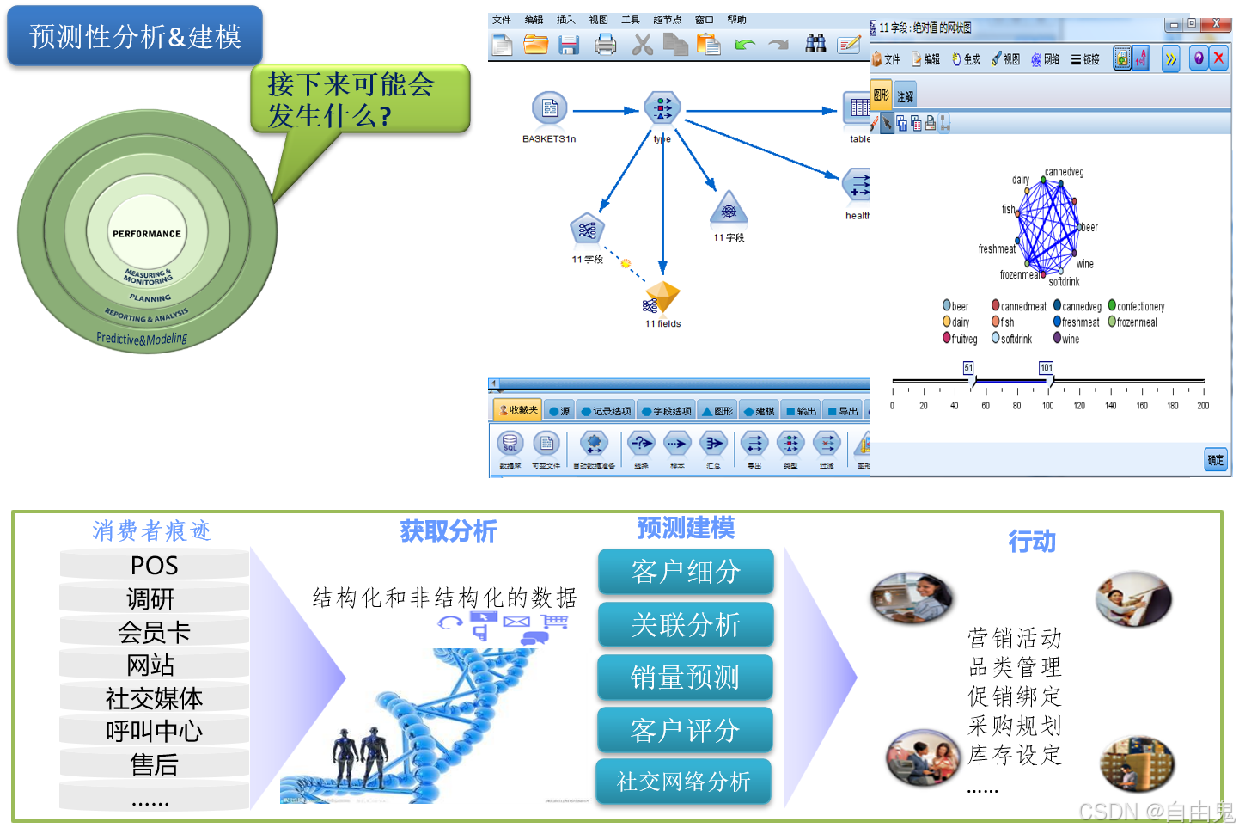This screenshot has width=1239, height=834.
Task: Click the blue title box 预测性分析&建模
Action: pyautogui.click(x=135, y=36)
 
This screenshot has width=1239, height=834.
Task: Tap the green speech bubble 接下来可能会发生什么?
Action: pyautogui.click(x=360, y=99)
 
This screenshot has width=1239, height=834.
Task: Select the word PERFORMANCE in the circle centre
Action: pyautogui.click(x=147, y=234)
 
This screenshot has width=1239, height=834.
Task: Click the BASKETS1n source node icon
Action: pyautogui.click(x=549, y=109)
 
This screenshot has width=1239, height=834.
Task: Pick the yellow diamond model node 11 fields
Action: pyautogui.click(x=662, y=297)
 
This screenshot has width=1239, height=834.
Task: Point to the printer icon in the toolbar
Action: pyautogui.click(x=605, y=44)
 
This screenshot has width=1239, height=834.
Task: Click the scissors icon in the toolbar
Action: pyautogui.click(x=642, y=44)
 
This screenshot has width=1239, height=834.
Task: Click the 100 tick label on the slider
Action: pyautogui.click(x=1047, y=406)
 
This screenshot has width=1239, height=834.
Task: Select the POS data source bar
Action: pyautogui.click(x=155, y=565)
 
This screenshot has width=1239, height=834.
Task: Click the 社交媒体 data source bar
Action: pyautogui.click(x=155, y=698)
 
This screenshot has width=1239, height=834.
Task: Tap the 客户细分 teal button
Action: pyautogui.click(x=686, y=572)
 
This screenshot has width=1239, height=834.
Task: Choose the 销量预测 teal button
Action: pyautogui.click(x=685, y=678)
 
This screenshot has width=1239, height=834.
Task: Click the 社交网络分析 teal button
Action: pyautogui.click(x=684, y=782)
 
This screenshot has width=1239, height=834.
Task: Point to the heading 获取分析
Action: pyautogui.click(x=448, y=531)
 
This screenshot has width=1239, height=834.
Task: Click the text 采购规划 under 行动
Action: pyautogui.click(x=1014, y=726)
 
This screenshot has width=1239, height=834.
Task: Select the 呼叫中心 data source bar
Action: pyautogui.click(x=155, y=731)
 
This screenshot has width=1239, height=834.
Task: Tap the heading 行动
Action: pyautogui.click(x=1031, y=542)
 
